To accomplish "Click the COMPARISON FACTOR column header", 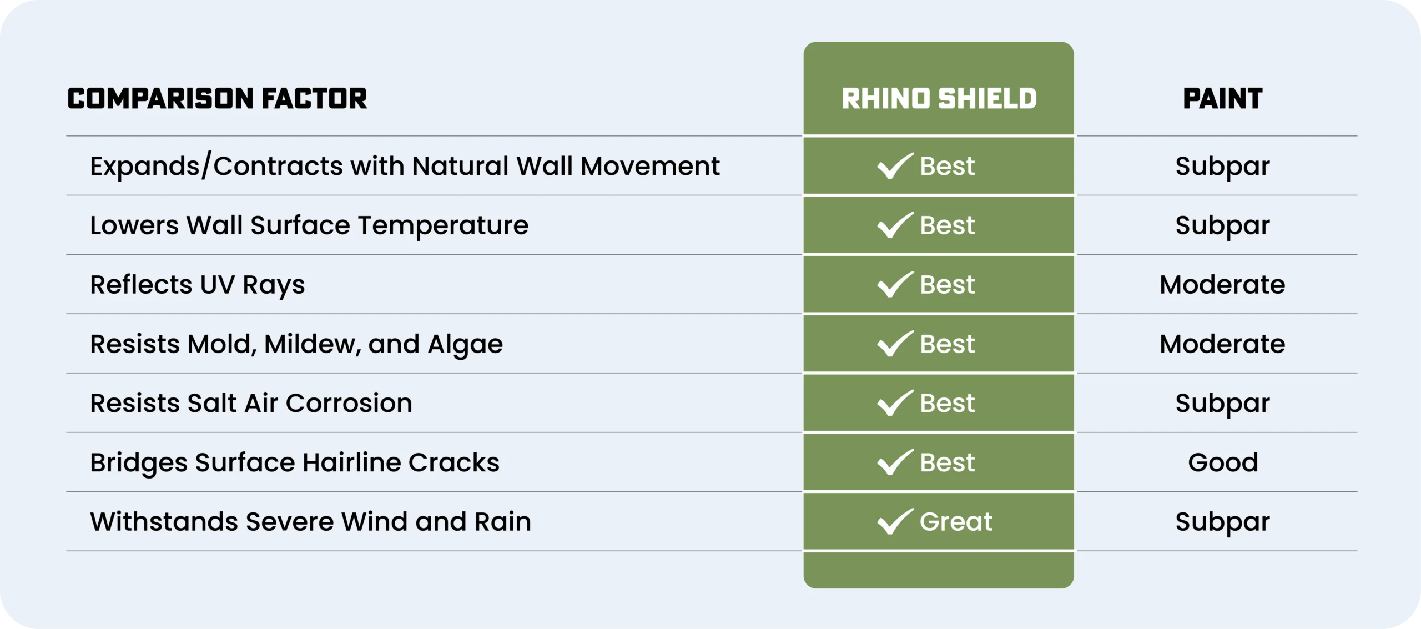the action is pos(217,99).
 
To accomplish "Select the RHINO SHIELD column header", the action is pos(939,99).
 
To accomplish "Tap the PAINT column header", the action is pos(1223,99).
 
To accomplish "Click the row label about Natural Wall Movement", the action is pos(405,166).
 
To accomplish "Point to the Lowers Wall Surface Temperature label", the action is pos(309,225).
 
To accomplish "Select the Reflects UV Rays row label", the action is pos(198,285).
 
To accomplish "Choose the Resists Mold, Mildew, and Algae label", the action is pos(296,345).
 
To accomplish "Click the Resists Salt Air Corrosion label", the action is pos(251,403).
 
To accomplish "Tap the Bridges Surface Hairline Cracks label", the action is pos(295,463).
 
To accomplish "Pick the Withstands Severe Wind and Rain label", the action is pos(311,522).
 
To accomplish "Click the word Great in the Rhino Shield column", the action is pos(956,522).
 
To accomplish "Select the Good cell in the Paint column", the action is pos(1223,462).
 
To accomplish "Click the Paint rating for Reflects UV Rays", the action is pos(1222,285).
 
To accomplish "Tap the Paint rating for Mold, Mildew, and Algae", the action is pos(1222,344).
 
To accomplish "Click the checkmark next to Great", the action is pos(894,522).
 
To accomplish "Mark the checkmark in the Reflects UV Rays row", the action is pos(894,285).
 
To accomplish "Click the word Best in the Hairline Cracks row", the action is pos(947,462).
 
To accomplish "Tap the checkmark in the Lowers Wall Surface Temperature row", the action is pos(894,225).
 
